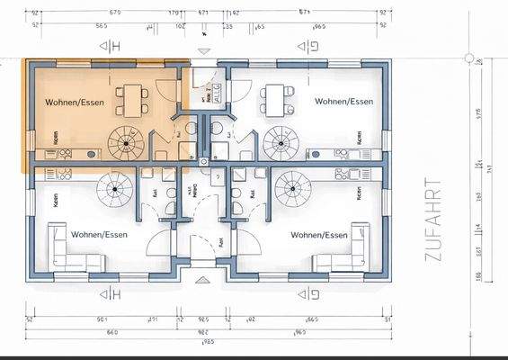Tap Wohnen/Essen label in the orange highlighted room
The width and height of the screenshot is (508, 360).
[x=75, y=103]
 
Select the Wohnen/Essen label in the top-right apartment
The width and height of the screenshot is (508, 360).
[x=343, y=102]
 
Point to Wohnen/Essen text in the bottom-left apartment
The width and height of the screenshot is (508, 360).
[x=99, y=235]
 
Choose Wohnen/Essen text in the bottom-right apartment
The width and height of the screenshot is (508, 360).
[x=318, y=235]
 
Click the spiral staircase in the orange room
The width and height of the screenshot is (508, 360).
[x=124, y=142]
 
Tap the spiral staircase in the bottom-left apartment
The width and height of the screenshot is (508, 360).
[x=115, y=189]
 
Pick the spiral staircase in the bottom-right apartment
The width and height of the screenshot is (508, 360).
[x=292, y=189]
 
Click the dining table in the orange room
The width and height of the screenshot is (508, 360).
[x=133, y=99]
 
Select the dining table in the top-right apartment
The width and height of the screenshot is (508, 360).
[x=277, y=99]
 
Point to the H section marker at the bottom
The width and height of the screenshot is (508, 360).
[x=110, y=293]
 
